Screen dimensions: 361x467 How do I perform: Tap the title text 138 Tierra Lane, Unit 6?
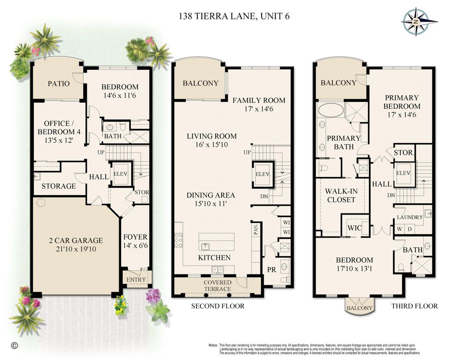[233, 16]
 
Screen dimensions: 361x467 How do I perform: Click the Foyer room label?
[135, 237]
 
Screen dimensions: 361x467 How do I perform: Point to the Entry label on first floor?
[136, 279]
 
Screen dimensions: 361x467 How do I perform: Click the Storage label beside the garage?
[59, 186]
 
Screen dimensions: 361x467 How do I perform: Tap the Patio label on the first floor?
[59, 83]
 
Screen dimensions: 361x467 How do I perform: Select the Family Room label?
[259, 100]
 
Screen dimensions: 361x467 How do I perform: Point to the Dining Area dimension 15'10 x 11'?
[210, 205]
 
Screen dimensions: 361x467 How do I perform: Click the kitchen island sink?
[205, 246]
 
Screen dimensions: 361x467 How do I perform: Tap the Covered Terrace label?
[217, 286]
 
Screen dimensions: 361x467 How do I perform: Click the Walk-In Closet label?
[340, 195]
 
